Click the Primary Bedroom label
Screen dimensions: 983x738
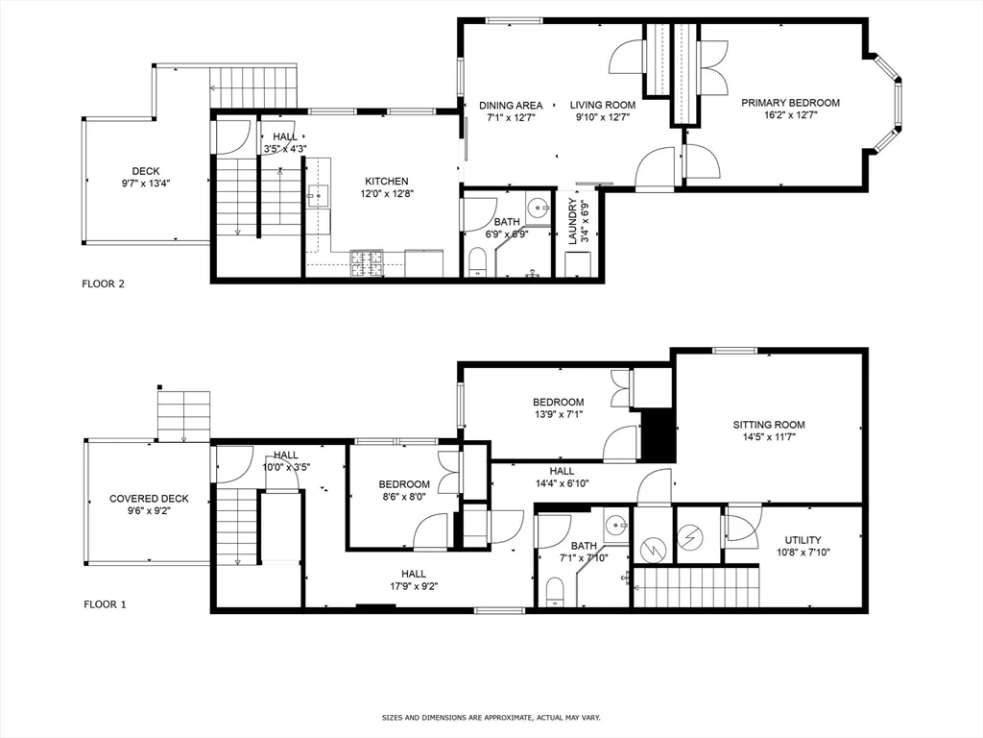790,103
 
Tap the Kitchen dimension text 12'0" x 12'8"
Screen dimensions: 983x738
387,194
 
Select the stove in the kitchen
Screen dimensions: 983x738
367,263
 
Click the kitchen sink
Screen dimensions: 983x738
319,196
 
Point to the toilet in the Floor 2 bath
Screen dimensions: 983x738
478,261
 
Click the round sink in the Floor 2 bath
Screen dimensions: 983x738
538,207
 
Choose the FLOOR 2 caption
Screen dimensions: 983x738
104,283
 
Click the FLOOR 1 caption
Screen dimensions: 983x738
105,604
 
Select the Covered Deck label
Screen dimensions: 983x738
149,499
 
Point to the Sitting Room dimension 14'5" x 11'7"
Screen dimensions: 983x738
769,437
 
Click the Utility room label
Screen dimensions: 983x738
803,540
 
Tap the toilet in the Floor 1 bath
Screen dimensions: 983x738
554,592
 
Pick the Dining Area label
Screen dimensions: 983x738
511,106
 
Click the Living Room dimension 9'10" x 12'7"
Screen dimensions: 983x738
603,116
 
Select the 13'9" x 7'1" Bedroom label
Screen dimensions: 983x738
559,407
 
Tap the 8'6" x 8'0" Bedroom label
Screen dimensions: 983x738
404,490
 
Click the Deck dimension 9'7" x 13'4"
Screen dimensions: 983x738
146,184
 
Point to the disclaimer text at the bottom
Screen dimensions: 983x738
491,717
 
